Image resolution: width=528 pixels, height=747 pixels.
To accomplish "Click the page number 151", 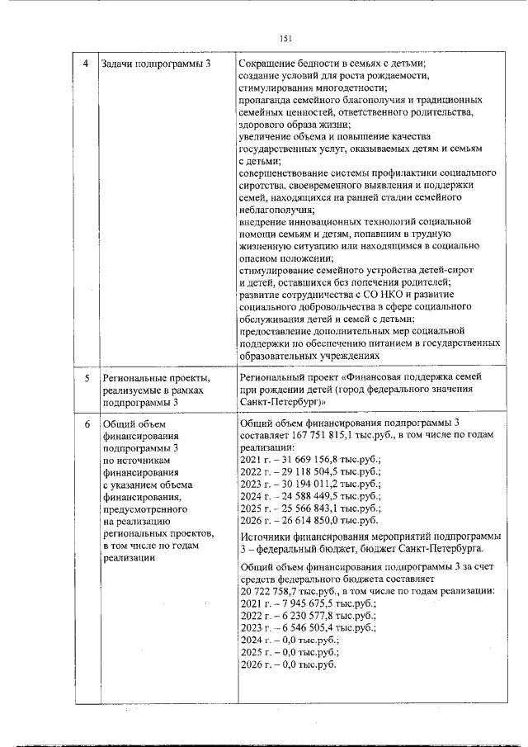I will [286, 37].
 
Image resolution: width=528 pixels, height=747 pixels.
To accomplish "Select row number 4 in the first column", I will [87, 64].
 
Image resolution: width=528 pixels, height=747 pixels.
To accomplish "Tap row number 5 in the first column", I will [87, 378].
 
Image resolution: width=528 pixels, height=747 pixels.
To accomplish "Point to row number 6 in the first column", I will [87, 423].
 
